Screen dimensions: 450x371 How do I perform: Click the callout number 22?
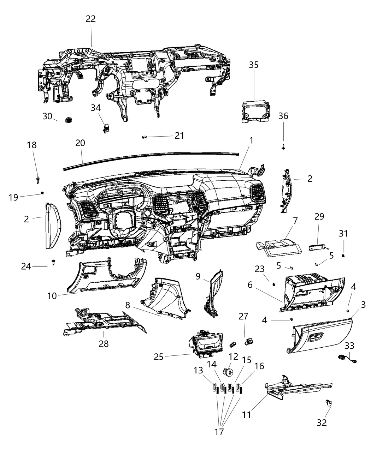coord(91,19)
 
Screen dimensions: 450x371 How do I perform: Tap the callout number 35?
coord(264,65)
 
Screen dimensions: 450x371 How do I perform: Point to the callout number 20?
coord(80,143)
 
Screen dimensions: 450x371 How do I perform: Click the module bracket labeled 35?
coord(256,111)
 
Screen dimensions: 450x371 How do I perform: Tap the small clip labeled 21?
coord(144,137)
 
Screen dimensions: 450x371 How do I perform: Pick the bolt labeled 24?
coord(54,262)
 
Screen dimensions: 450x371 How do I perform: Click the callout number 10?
coord(52,295)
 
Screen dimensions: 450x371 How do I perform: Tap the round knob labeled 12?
coord(228,372)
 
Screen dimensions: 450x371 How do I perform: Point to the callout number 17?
coord(219,432)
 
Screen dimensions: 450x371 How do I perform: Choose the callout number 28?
coord(104,343)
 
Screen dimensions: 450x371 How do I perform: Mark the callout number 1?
coord(251,140)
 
